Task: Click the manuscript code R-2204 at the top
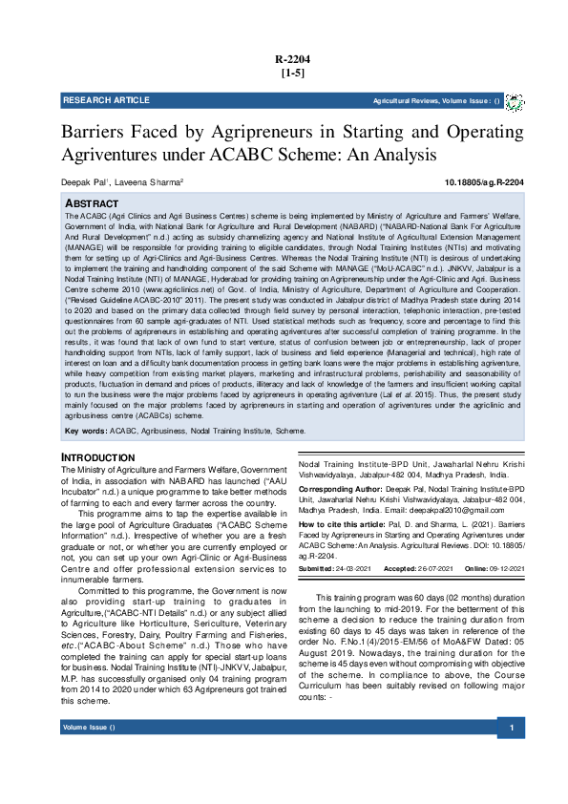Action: click(293, 59)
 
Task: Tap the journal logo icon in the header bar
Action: click(514, 101)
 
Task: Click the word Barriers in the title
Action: click(97, 132)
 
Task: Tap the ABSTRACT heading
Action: click(91, 204)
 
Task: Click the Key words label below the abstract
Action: click(84, 432)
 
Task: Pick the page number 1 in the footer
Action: click(513, 756)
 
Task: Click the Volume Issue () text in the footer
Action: click(89, 756)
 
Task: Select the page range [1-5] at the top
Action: click(292, 74)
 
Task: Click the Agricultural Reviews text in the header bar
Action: click(406, 100)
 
